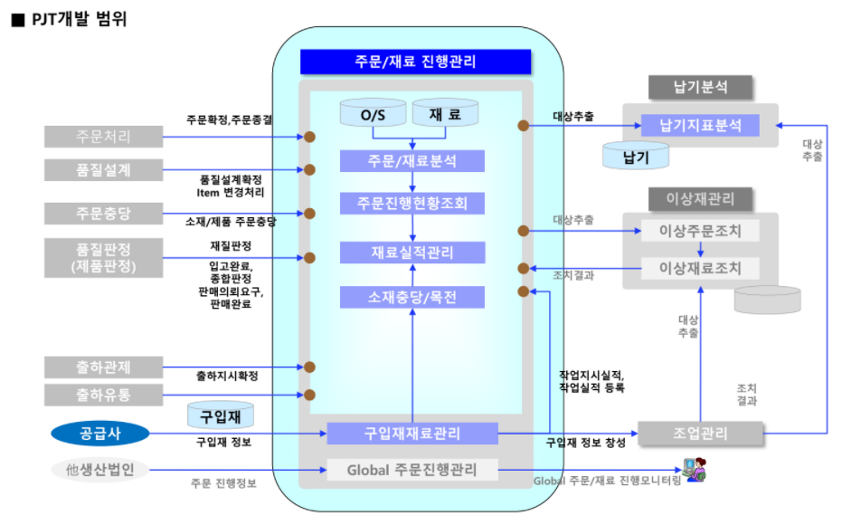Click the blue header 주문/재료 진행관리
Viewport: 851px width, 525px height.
click(x=415, y=62)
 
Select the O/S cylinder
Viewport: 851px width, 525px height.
click(x=373, y=116)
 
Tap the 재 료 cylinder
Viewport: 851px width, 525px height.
click(x=445, y=116)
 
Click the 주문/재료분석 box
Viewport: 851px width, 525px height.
click(x=412, y=161)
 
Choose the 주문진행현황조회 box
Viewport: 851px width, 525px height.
click(x=412, y=204)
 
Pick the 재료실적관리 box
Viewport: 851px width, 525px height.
click(x=412, y=253)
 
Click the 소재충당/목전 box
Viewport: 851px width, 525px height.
click(x=412, y=297)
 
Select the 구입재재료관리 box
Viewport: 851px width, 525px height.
click(x=411, y=433)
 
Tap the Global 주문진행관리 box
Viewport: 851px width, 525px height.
click(x=411, y=470)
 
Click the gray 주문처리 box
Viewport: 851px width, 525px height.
click(x=103, y=137)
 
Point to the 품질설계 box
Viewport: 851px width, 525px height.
click(x=103, y=169)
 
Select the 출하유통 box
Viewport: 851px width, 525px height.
click(x=103, y=395)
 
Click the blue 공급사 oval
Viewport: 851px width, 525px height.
click(x=100, y=434)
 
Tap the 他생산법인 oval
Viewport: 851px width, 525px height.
click(x=100, y=470)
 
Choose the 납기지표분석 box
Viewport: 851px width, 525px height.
click(x=700, y=125)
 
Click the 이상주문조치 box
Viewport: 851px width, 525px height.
click(x=700, y=231)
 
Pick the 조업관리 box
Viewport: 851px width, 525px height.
click(x=700, y=434)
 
